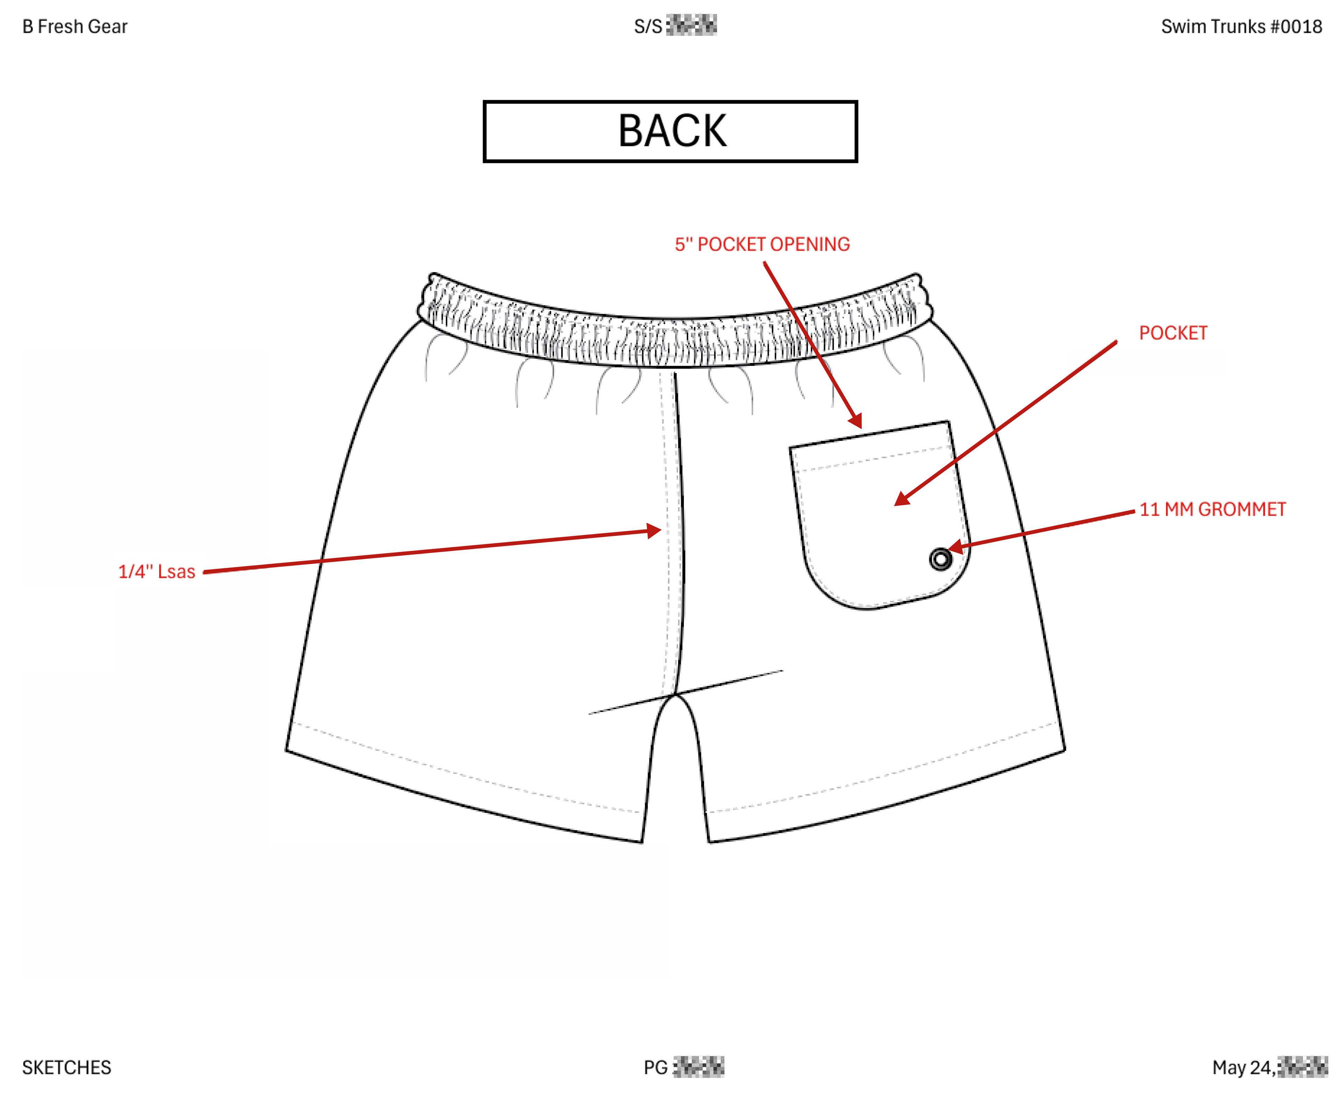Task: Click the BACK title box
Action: pos(670,131)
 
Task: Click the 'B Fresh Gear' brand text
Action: pos(75,27)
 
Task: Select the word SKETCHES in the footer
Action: pos(67,1067)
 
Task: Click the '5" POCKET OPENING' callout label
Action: pos(762,244)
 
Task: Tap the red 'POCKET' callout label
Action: pos(1173,333)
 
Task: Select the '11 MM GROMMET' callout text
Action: pos(1212,509)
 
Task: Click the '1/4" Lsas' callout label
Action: pos(157,572)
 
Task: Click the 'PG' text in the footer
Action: pos(655,1067)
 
